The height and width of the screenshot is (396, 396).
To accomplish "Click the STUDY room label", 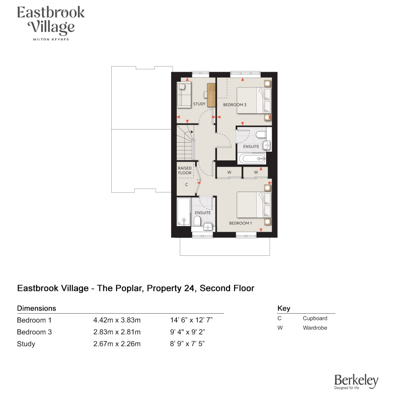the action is pyautogui.click(x=199, y=104).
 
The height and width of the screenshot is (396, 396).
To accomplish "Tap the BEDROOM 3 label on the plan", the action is pyautogui.click(x=234, y=105).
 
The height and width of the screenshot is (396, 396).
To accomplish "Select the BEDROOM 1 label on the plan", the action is pyautogui.click(x=240, y=223).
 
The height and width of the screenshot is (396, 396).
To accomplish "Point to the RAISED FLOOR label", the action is pyautogui.click(x=185, y=170).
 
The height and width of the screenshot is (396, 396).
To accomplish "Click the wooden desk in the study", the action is pyautogui.click(x=211, y=95).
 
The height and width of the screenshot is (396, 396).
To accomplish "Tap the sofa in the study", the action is pyautogui.click(x=184, y=95).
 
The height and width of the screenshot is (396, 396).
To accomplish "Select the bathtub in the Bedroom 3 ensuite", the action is pyautogui.click(x=252, y=159).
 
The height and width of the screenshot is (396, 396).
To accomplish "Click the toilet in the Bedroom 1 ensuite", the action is pyautogui.click(x=197, y=221).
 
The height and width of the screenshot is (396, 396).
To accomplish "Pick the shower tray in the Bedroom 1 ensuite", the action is pyautogui.click(x=183, y=211).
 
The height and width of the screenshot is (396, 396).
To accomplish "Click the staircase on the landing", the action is pyautogui.click(x=186, y=143).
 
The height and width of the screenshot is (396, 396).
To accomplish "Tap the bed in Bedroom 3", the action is pyautogui.click(x=254, y=100).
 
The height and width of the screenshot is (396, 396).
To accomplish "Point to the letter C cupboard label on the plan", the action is pyautogui.click(x=187, y=185).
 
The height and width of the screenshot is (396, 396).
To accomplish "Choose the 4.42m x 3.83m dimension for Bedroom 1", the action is pyautogui.click(x=117, y=320).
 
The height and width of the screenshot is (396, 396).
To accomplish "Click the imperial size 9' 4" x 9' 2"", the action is pyautogui.click(x=187, y=332).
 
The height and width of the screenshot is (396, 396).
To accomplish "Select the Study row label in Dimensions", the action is pyautogui.click(x=26, y=344).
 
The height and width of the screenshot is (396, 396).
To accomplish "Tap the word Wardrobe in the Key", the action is pyautogui.click(x=315, y=328).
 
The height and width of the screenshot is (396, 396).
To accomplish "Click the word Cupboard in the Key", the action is pyautogui.click(x=315, y=318).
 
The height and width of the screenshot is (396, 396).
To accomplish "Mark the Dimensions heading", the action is pyautogui.click(x=36, y=308).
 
